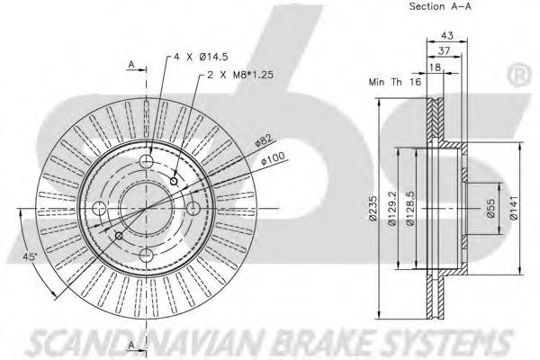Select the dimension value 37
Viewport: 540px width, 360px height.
[x=443, y=50]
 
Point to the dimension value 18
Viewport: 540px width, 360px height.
[x=436, y=67]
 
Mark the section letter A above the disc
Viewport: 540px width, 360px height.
[x=130, y=65]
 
